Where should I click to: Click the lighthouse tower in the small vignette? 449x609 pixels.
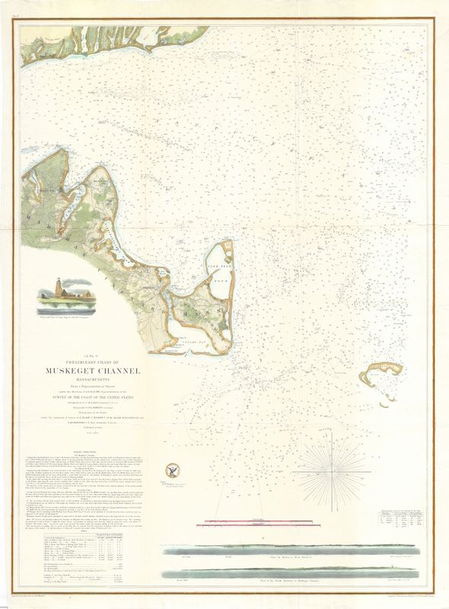click(x=52, y=291)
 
